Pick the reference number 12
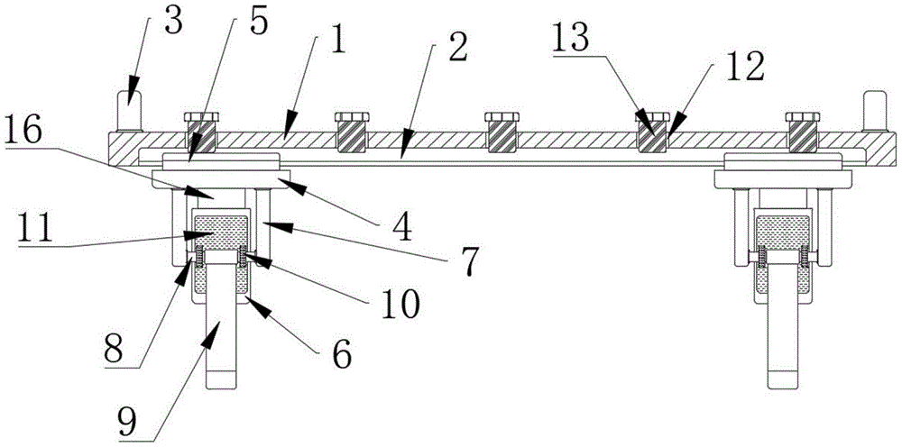[748, 64]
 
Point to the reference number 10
[398, 304]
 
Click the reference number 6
[342, 352]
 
